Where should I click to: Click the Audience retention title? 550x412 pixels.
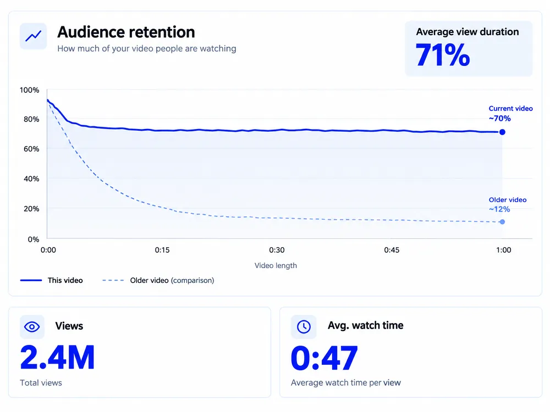tap(126, 32)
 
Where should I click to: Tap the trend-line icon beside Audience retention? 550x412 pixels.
tap(34, 36)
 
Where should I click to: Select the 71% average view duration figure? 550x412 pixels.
tap(443, 55)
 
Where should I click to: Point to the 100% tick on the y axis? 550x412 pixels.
tap(30, 90)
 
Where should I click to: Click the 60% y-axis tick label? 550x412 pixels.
tap(31, 149)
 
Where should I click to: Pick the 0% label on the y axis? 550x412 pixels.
tap(34, 240)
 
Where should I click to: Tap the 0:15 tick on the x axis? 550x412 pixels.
tap(162, 250)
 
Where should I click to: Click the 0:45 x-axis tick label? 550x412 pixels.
tap(392, 250)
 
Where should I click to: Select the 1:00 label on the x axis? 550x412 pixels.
tap(504, 250)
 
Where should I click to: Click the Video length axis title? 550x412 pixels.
tap(276, 265)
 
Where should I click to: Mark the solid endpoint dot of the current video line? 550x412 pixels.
tap(502, 132)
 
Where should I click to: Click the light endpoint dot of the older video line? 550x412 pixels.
tap(502, 222)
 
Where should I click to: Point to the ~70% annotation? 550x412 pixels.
tap(500, 119)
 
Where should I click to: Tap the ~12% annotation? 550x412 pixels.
tap(499, 209)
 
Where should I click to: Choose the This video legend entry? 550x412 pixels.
tap(52, 280)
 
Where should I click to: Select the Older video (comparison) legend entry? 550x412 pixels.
tap(158, 280)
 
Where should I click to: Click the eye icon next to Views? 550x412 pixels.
tap(32, 327)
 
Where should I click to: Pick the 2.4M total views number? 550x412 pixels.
tap(58, 358)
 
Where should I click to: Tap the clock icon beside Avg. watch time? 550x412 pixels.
tap(304, 327)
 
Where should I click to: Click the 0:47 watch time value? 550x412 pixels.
tap(324, 358)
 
